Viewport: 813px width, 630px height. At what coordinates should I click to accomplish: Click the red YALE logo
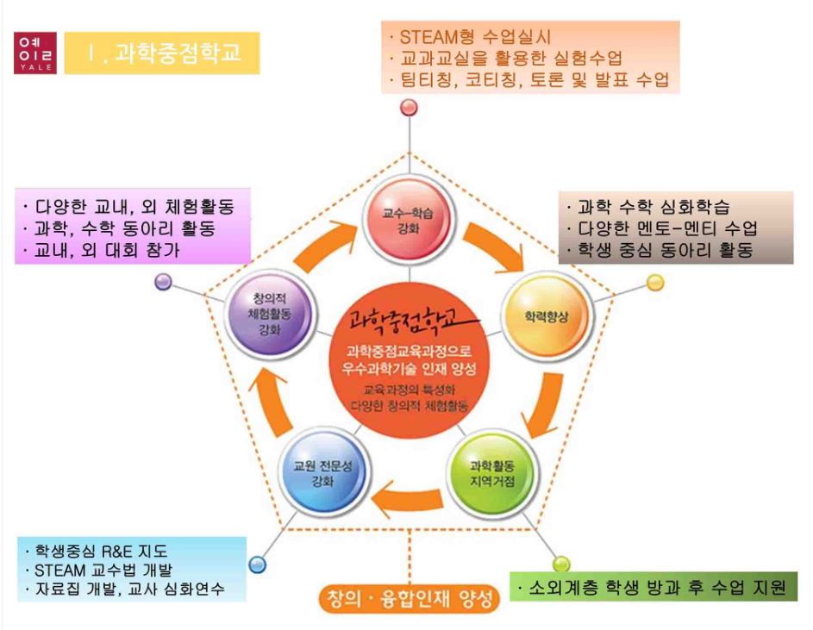[x=35, y=53]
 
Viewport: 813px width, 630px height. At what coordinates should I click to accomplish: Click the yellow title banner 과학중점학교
[x=162, y=53]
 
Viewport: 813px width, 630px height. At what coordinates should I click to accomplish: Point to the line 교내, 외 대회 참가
[x=108, y=249]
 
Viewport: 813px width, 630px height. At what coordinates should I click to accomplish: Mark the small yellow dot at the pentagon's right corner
[x=655, y=283]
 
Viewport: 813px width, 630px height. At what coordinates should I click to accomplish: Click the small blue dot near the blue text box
[x=256, y=565]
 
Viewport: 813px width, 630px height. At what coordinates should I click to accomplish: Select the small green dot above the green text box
[x=562, y=565]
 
